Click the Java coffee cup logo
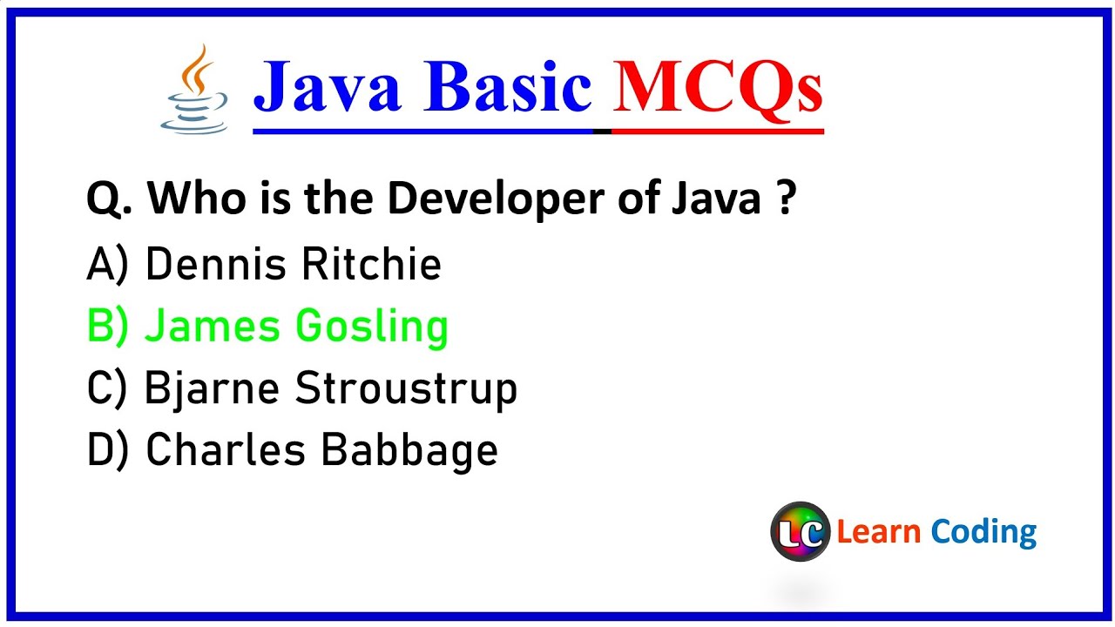[195, 90]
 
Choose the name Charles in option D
[224, 450]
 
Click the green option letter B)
[107, 327]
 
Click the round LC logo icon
[800, 531]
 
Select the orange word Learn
[878, 531]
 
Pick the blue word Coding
[983, 532]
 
